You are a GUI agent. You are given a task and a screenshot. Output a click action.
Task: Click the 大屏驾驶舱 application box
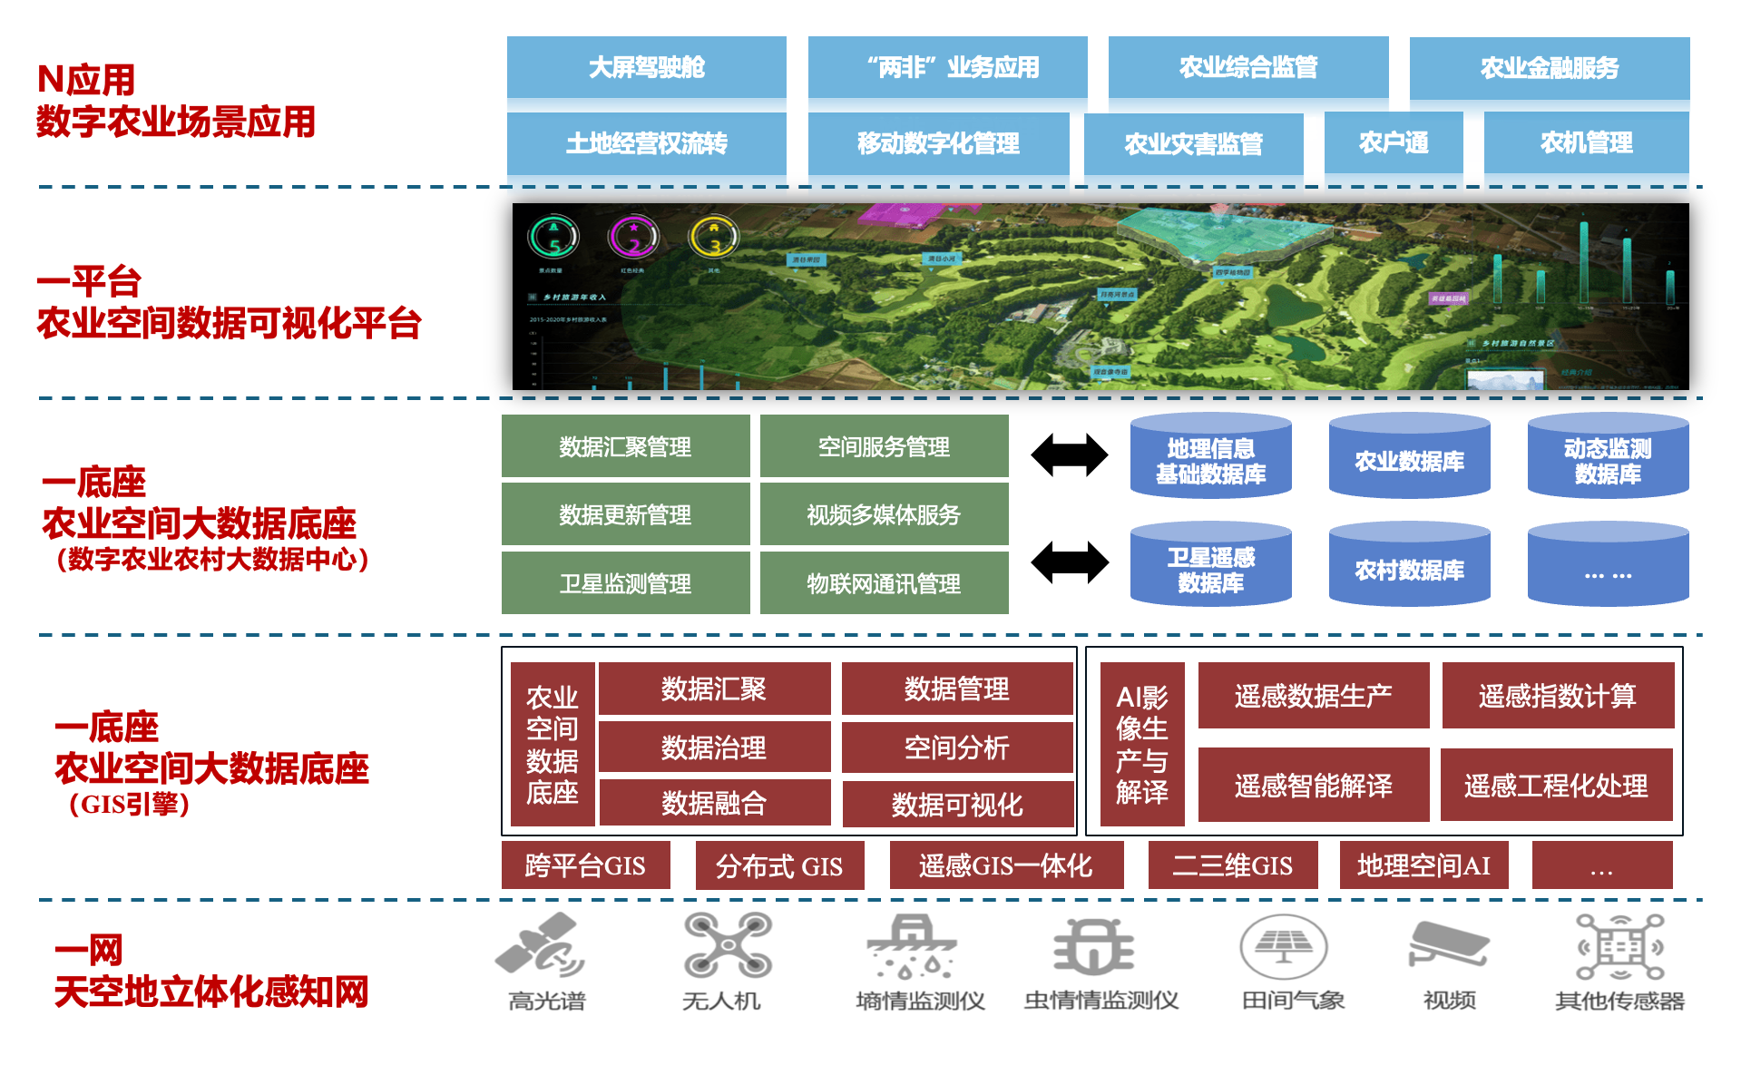(x=646, y=67)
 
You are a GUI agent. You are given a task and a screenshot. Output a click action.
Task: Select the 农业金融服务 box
(x=1549, y=67)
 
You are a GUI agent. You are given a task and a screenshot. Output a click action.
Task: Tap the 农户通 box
(x=1393, y=142)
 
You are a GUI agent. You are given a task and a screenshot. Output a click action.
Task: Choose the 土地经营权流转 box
(x=646, y=143)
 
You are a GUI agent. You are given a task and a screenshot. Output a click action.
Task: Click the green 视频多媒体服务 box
(x=884, y=514)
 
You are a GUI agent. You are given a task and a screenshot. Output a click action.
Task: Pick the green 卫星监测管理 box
(x=625, y=583)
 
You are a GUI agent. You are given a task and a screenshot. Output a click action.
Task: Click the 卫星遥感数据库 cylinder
(x=1210, y=568)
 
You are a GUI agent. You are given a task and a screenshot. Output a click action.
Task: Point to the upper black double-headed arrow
(x=1070, y=454)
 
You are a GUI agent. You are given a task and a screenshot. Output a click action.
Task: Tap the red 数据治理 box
(x=714, y=747)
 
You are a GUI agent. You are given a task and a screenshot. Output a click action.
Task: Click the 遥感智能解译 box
(x=1313, y=785)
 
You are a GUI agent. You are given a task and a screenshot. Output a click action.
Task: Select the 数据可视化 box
(x=957, y=804)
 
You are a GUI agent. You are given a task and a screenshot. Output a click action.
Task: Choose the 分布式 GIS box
(x=779, y=865)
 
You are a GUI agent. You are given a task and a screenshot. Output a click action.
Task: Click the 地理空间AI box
(x=1423, y=865)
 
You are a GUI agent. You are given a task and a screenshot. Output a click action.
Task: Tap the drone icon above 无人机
(x=728, y=945)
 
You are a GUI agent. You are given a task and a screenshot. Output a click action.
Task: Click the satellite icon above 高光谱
(x=541, y=945)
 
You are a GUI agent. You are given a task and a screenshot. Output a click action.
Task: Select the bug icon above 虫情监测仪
(x=1094, y=945)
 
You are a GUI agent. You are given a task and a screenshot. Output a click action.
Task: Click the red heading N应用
(x=86, y=80)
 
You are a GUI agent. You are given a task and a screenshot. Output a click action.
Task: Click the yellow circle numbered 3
(x=714, y=238)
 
